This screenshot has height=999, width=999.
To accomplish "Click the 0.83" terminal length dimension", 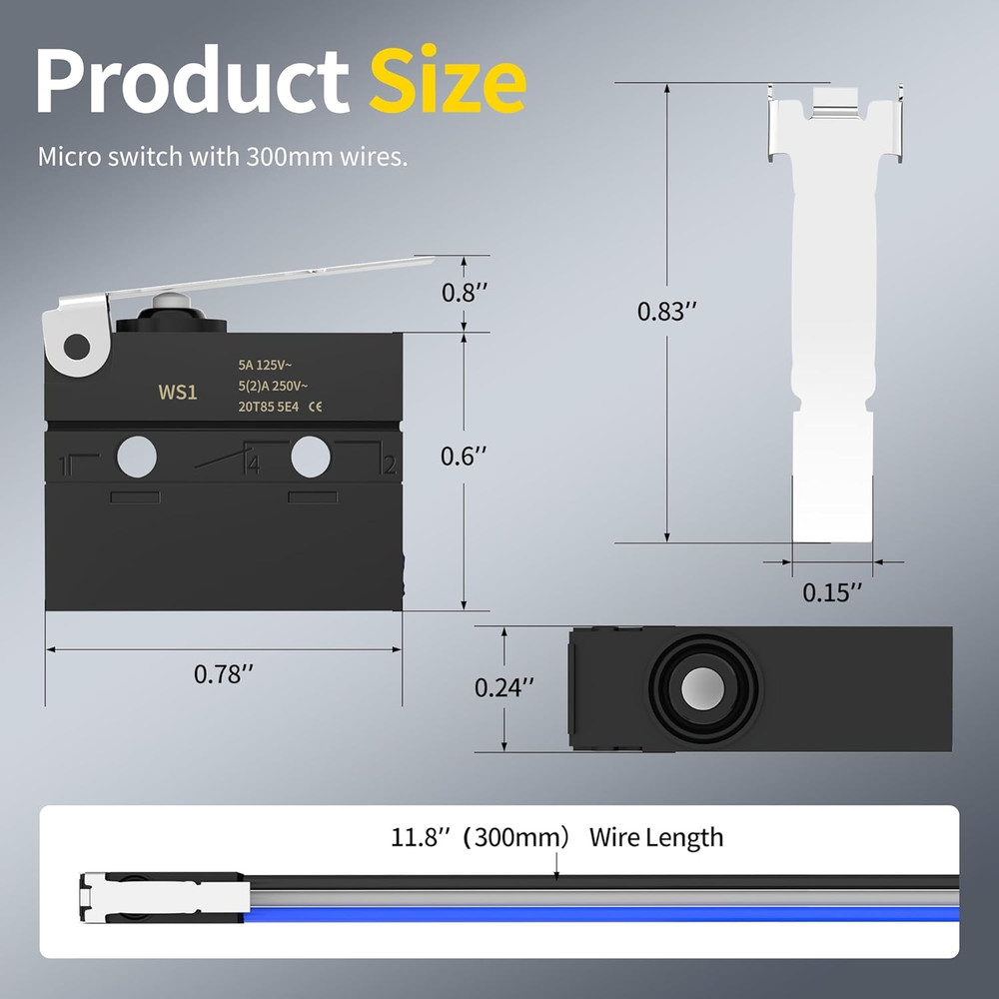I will [x=666, y=312].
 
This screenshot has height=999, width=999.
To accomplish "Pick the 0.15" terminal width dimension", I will [x=832, y=592].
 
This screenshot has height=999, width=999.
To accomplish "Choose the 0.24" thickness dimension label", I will [x=503, y=687].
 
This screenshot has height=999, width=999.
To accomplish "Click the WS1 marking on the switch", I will [x=178, y=393].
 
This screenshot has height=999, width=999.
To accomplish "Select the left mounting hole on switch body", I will [x=137, y=458].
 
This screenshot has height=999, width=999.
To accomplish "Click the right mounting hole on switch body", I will [x=311, y=458].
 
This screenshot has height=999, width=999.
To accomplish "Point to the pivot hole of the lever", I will [x=76, y=347].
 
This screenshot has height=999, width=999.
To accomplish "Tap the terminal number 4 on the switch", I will [x=254, y=465].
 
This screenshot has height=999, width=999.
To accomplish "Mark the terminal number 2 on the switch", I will [x=389, y=465].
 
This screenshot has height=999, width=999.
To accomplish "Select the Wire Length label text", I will [x=655, y=836].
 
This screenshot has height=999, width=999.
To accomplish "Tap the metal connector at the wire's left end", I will [x=160, y=896].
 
